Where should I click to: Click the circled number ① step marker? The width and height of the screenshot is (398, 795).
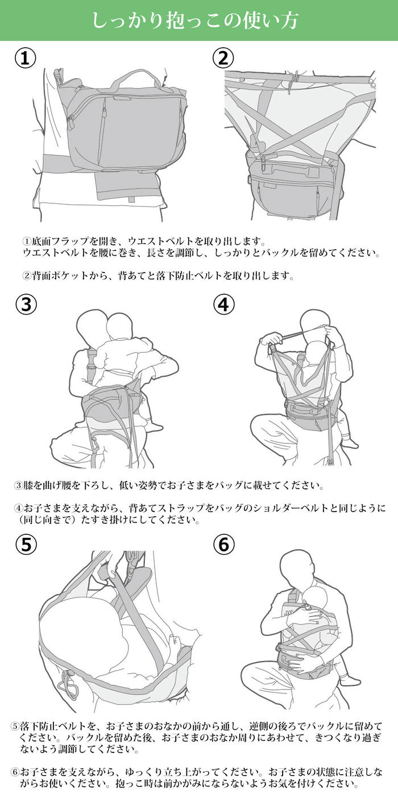point(26,58)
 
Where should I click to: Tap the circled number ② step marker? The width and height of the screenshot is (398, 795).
point(223,58)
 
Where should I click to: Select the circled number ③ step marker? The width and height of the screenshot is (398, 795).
point(26,304)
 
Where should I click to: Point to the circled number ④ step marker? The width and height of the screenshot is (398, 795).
point(224,304)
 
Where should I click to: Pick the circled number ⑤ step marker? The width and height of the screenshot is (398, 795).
point(26,544)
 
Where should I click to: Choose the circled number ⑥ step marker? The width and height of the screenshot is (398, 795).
point(224,544)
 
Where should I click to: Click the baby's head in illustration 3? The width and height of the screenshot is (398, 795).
point(119,326)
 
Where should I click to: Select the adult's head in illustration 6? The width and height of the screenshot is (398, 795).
point(295,568)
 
